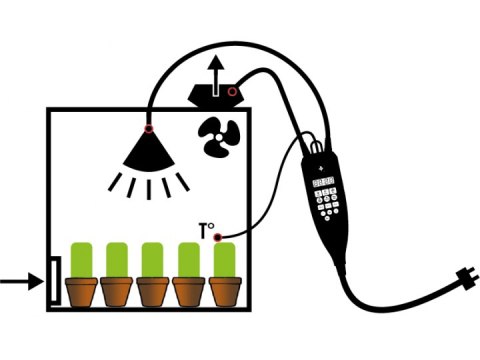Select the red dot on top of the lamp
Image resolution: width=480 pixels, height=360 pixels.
[x=148, y=127]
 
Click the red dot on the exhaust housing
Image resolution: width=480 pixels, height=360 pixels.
[x=232, y=93]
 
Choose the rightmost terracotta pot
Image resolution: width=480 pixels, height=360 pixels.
[x=226, y=291]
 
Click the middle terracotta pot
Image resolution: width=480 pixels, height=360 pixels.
[x=154, y=291]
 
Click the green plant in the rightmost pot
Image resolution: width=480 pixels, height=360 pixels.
[x=226, y=259]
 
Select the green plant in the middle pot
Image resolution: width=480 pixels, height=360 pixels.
[x=154, y=259]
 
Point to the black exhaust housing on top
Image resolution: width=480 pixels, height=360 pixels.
[x=212, y=93]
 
